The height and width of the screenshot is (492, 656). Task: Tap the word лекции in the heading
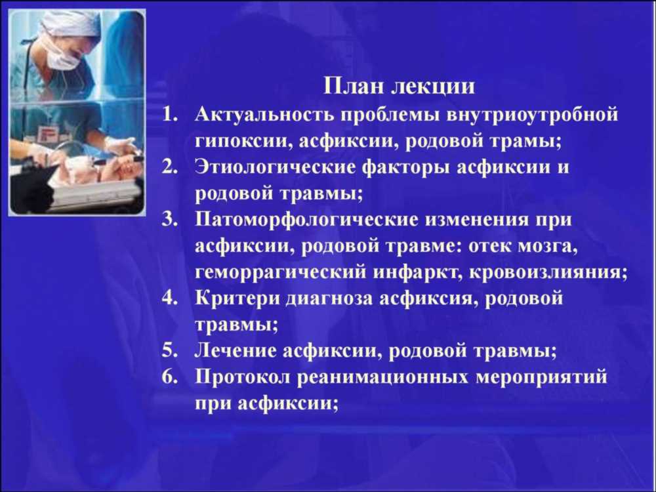click(434, 87)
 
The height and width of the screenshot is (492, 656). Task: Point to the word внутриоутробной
click(532, 115)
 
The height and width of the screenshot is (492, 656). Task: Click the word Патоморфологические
click(306, 220)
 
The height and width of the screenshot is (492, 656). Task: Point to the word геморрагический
click(280, 273)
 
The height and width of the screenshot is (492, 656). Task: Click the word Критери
click(238, 298)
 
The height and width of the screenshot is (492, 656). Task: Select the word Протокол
click(243, 377)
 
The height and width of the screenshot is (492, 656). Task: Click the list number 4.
click(169, 298)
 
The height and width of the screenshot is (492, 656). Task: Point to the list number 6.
click(169, 377)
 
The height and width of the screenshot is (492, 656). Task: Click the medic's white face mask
click(63, 58)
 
